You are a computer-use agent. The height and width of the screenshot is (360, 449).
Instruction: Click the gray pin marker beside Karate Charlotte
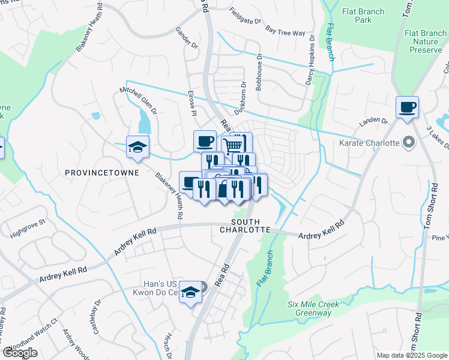(x=409, y=143)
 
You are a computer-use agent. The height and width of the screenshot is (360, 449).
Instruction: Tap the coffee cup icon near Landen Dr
(x=407, y=107)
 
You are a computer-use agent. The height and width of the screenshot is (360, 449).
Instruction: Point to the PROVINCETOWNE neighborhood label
(x=101, y=173)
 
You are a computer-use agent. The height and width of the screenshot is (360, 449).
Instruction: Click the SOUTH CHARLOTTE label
(x=246, y=226)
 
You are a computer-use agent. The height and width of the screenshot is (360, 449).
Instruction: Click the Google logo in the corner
(x=20, y=352)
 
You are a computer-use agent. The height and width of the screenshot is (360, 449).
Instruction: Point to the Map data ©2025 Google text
(x=411, y=355)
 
